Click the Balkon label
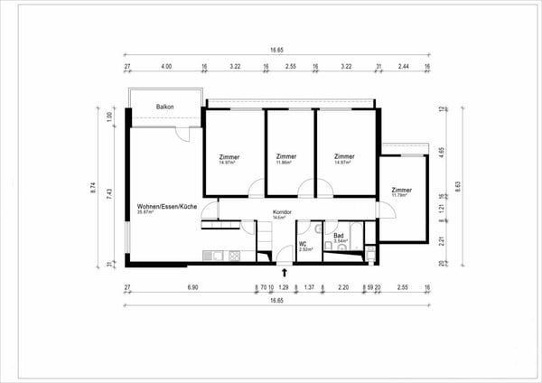point(164,107)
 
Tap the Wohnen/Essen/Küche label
point(167,207)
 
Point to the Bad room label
point(339,236)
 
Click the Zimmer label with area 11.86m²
point(286,157)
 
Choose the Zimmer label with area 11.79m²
point(402,191)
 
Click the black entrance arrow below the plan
point(285,271)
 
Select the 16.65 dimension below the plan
point(276,301)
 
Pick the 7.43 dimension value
point(110,195)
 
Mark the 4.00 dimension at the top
point(166,67)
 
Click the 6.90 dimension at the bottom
point(192,287)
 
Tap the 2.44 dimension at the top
point(403,67)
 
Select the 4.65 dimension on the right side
point(441,154)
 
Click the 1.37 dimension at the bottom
point(308,287)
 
